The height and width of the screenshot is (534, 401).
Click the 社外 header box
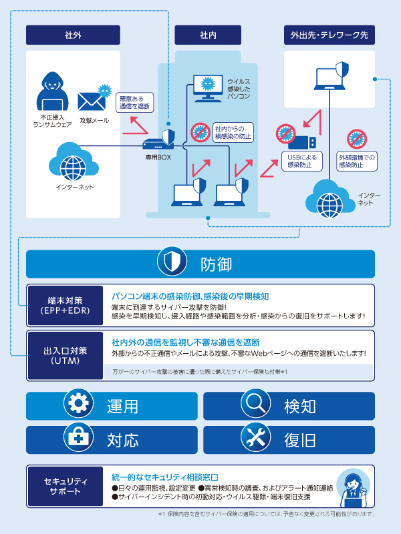tap(73, 35)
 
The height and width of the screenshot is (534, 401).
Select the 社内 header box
tap(207, 35)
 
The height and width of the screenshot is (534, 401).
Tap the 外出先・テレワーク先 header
tap(329, 35)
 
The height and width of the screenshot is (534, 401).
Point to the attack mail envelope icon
tap(92, 99)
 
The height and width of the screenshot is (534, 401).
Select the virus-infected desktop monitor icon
tap(207, 87)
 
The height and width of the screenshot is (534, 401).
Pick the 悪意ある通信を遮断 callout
tap(135, 102)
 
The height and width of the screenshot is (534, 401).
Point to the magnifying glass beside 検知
tap(255, 405)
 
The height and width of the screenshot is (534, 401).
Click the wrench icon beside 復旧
tap(255, 439)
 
